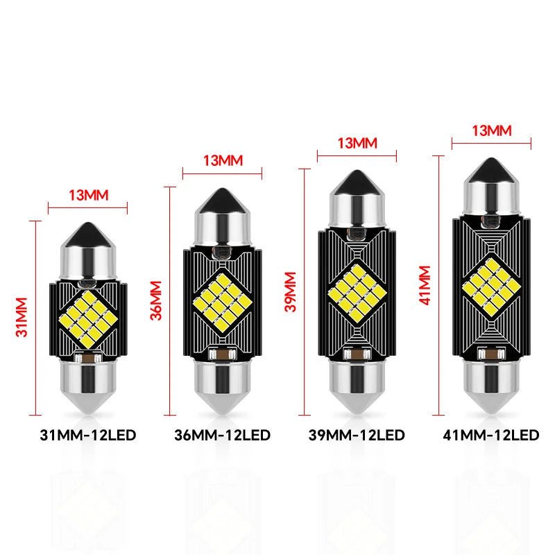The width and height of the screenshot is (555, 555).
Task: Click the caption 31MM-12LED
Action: click(x=88, y=435)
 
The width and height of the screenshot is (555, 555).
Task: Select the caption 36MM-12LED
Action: click(x=222, y=435)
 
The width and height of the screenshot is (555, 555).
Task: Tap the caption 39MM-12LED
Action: click(x=357, y=435)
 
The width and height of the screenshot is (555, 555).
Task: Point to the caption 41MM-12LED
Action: click(x=491, y=435)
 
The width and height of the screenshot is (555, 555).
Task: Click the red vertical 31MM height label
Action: click(x=22, y=317)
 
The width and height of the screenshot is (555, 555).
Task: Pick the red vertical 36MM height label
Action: click(x=155, y=300)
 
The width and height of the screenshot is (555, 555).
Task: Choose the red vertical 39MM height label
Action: click(x=290, y=291)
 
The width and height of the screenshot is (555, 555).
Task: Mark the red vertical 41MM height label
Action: click(x=425, y=285)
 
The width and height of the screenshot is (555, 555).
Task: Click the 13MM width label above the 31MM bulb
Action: click(x=89, y=195)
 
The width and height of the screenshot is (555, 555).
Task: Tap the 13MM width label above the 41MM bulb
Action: click(x=492, y=130)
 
